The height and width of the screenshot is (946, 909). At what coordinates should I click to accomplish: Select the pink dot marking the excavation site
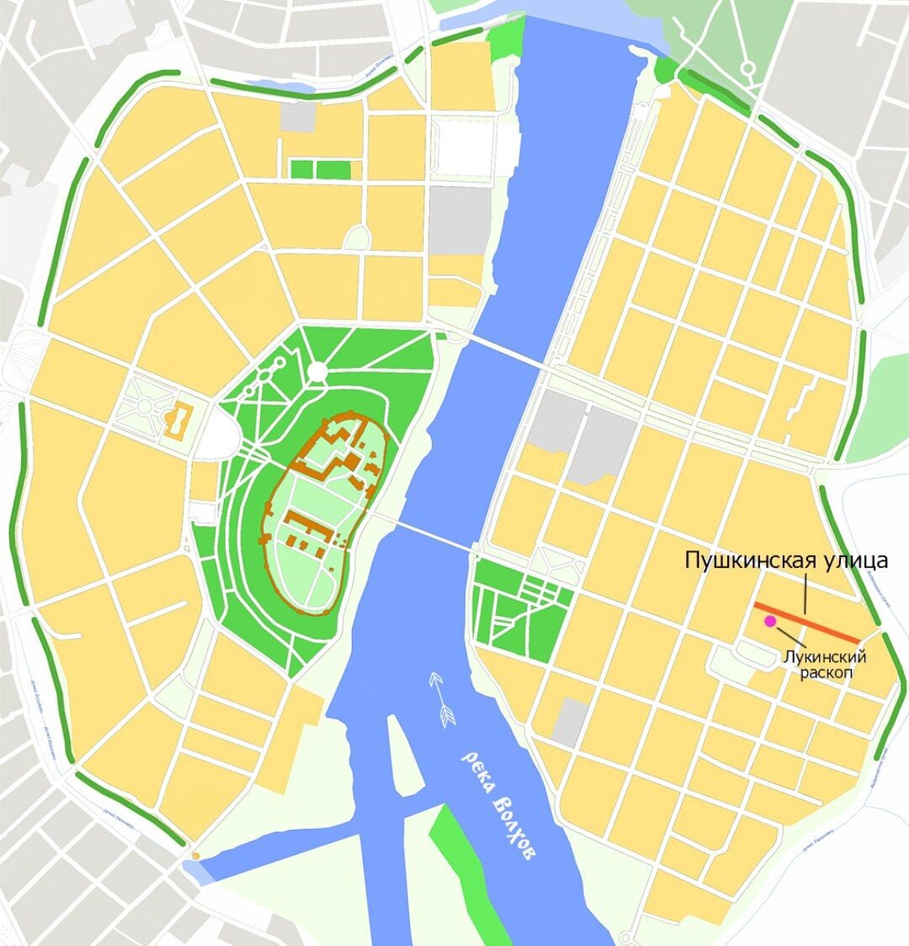pos(769,621)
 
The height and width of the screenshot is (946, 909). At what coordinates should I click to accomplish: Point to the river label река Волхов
pos(497,803)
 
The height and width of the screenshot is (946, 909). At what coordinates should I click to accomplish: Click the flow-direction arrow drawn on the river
pos(443,698)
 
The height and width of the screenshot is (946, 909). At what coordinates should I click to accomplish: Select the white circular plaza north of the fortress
pos(317,371)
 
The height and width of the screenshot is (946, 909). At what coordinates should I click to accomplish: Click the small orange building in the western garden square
pos(178,419)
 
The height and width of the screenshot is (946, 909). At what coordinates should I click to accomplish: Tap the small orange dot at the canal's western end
pos(196,856)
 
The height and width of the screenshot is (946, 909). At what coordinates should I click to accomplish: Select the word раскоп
pos(824,674)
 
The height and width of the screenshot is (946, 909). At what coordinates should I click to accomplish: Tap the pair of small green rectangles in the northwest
pos(319,169)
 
